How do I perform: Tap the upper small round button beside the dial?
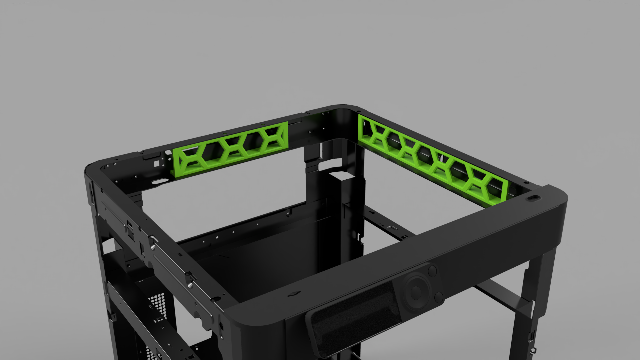pyautogui.click(x=432, y=270)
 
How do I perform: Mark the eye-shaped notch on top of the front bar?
pyautogui.click(x=294, y=293)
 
